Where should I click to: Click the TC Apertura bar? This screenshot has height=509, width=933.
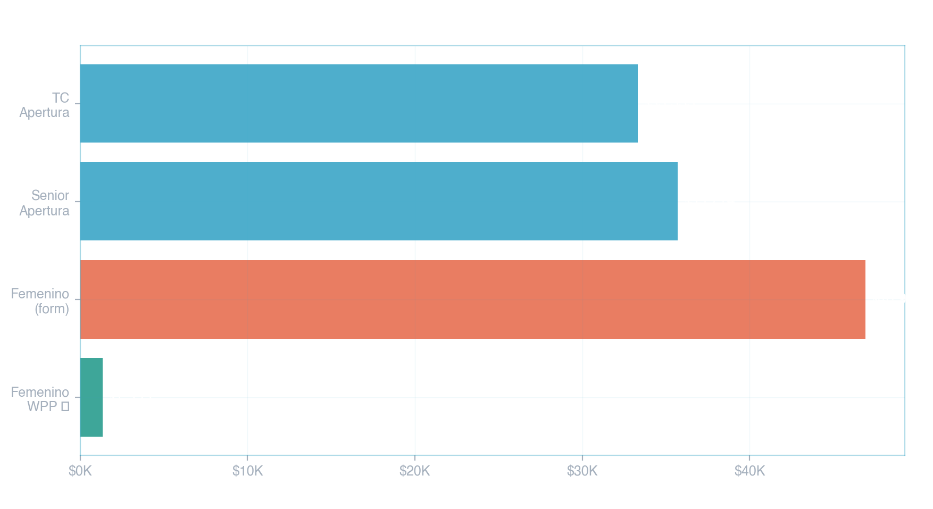359,103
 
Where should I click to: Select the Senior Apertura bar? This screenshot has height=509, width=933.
379,201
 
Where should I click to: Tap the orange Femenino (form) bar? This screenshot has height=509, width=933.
472,299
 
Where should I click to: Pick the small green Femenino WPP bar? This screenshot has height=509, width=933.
91,397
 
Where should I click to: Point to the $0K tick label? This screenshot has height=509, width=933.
80,471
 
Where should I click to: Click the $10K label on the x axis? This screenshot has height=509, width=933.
247,471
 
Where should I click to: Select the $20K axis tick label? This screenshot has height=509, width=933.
415,471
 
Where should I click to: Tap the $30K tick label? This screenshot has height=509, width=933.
582,471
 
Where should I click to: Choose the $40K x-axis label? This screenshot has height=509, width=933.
749,471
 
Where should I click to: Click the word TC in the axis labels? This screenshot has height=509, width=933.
61,98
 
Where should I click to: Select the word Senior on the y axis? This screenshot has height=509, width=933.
50,196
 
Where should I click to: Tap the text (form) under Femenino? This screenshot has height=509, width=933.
52,308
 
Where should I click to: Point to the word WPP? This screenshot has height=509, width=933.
42,406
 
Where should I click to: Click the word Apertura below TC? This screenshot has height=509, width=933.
45,113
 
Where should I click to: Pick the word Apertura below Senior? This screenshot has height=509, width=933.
45,211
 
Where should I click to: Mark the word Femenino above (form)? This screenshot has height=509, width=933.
40,294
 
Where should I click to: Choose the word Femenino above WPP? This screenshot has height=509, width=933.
40,392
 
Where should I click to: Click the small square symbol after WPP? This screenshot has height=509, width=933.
65,407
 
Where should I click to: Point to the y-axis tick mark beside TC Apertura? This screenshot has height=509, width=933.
77,103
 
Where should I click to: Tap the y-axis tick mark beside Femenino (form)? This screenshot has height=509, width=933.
77,299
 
